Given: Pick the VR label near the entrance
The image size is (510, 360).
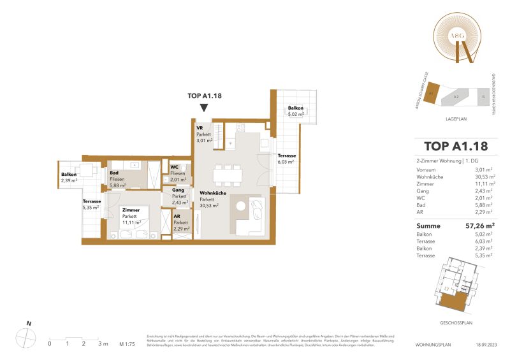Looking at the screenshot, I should point(200,127).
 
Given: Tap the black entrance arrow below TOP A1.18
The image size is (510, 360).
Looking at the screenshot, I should point(203,108).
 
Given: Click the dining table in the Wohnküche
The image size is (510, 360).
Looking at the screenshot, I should point(228,171).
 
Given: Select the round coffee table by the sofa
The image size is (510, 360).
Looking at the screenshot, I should point(241,205).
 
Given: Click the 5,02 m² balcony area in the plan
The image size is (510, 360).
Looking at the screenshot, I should point(295,112).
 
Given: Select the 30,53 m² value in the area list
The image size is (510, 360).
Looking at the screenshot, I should point(484,178).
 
